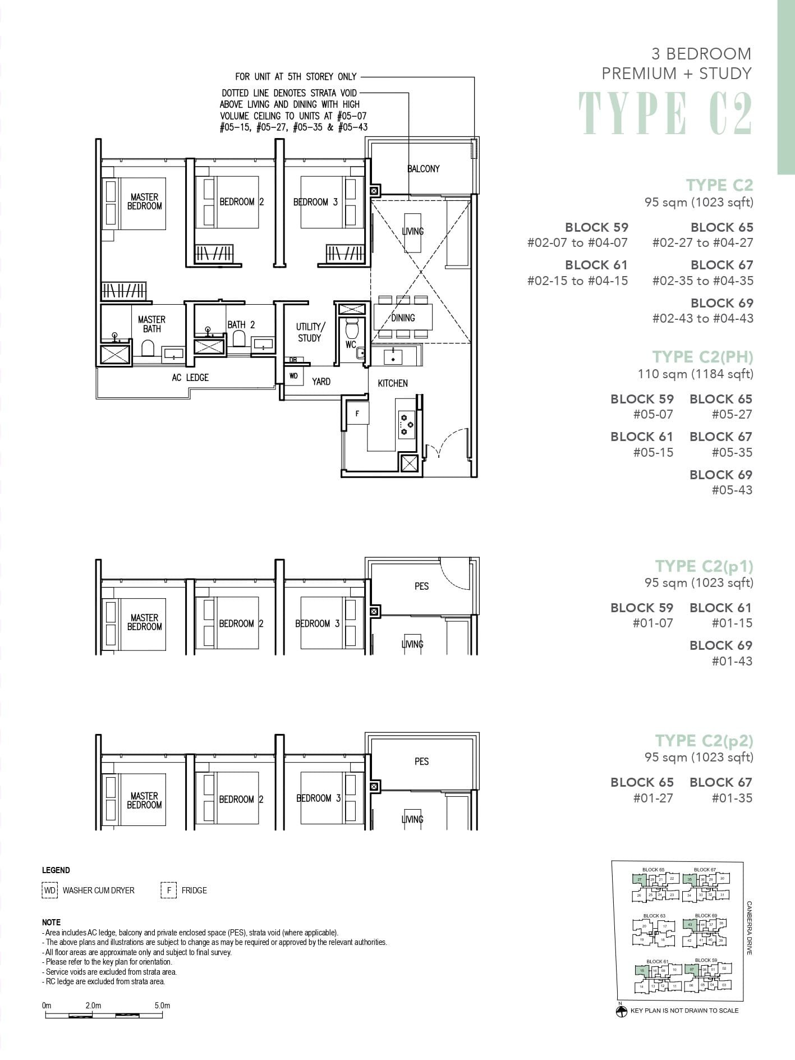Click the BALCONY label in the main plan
423,169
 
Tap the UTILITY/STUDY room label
309,332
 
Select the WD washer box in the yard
293,376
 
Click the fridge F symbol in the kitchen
357,414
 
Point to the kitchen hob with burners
406,425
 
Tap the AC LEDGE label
190,378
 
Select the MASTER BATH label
151,324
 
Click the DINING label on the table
403,318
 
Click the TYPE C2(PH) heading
702,357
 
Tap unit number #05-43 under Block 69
732,490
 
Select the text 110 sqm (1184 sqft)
695,374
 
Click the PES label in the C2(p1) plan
421,586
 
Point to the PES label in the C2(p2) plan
421,761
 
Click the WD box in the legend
50,891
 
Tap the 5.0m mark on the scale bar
162,1006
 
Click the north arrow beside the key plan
621,1011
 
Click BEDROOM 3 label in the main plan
315,202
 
